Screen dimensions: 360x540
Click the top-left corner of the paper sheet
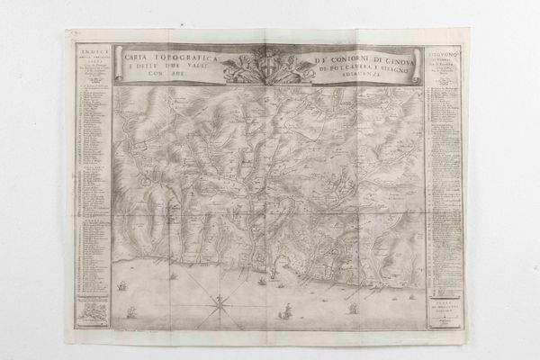pyautogui.click(x=67, y=31)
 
